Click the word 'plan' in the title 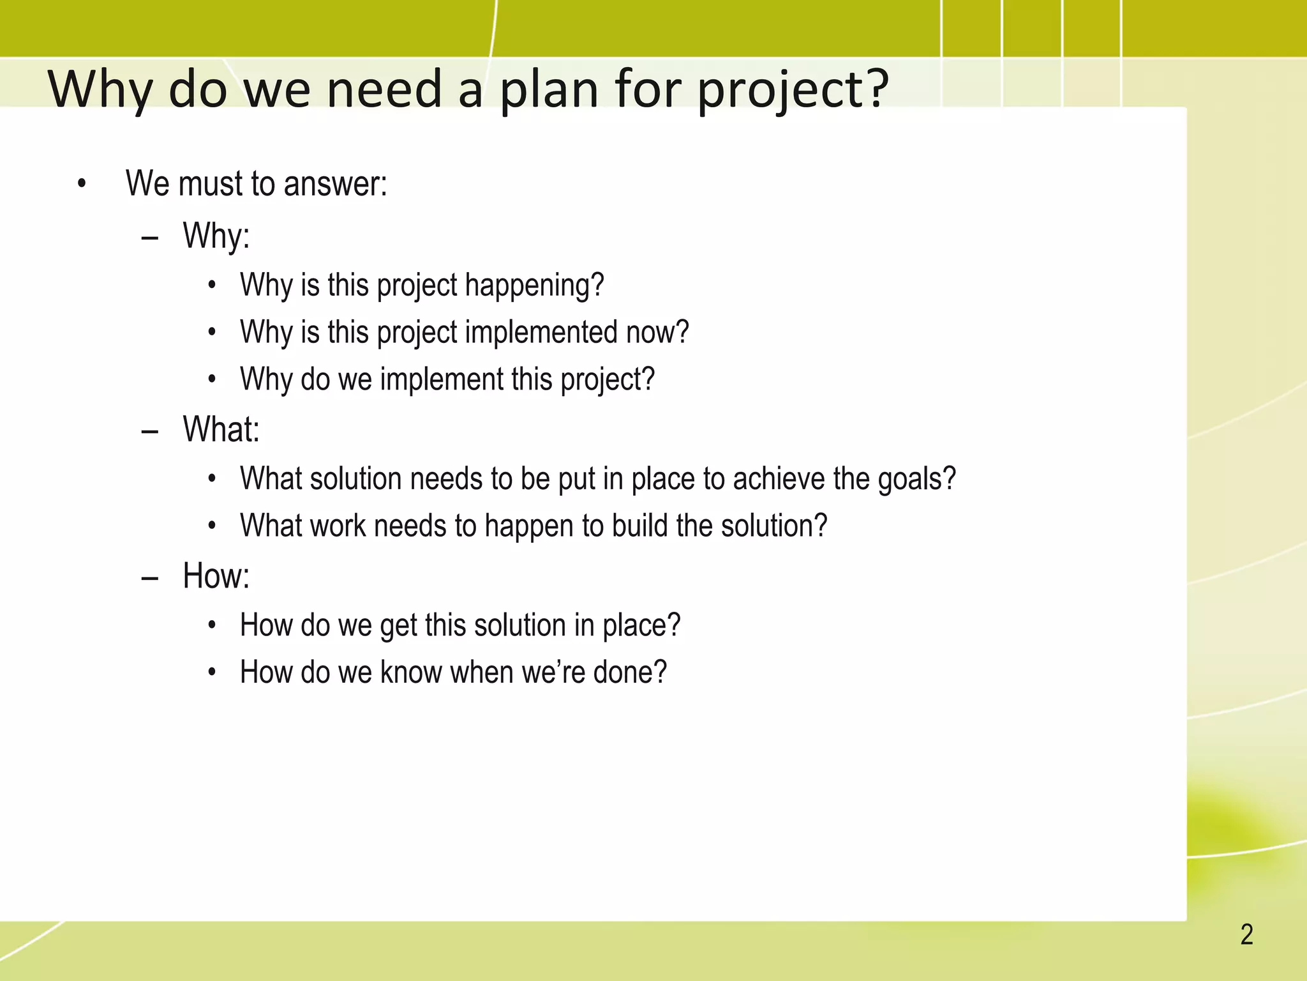[549, 89]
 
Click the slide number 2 [1246, 935]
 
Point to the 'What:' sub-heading [221, 429]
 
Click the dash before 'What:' [150, 432]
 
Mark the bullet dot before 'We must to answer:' [81, 185]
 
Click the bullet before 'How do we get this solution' [213, 625]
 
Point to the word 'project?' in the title [792, 89]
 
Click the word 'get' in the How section [398, 626]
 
